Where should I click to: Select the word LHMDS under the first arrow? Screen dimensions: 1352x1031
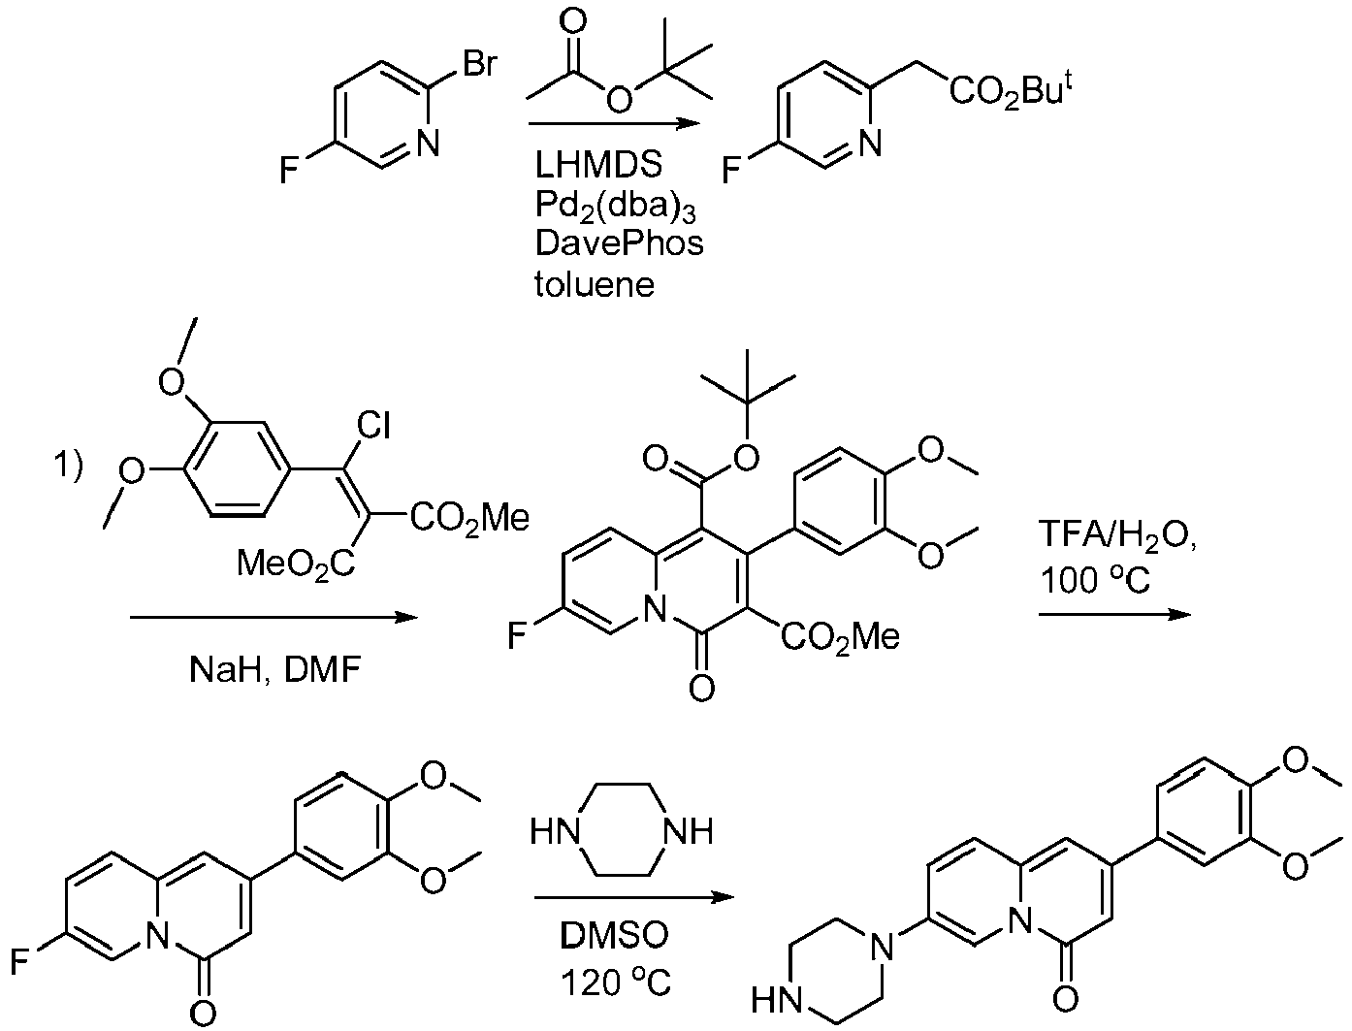(x=598, y=165)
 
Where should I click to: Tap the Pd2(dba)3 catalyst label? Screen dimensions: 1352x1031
(x=615, y=207)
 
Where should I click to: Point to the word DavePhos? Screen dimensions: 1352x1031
(x=619, y=242)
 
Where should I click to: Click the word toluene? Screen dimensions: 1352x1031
(x=595, y=284)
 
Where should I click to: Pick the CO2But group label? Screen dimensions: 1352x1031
(x=1011, y=91)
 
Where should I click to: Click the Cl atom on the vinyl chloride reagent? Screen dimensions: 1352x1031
(x=373, y=425)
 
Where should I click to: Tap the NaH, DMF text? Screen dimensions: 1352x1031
(x=274, y=670)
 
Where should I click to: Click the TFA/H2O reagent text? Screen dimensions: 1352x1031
(x=1117, y=535)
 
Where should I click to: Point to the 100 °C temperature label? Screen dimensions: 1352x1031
(x=1095, y=580)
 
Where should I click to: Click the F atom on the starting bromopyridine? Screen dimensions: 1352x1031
(x=288, y=170)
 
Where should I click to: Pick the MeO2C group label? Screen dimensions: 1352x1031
(x=296, y=564)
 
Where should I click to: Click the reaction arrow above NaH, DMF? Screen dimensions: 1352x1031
(x=274, y=617)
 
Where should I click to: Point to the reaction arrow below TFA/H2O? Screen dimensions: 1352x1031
(x=1114, y=614)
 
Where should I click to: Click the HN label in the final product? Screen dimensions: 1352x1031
(x=777, y=1000)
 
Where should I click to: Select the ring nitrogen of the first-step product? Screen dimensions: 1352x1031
(x=869, y=143)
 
